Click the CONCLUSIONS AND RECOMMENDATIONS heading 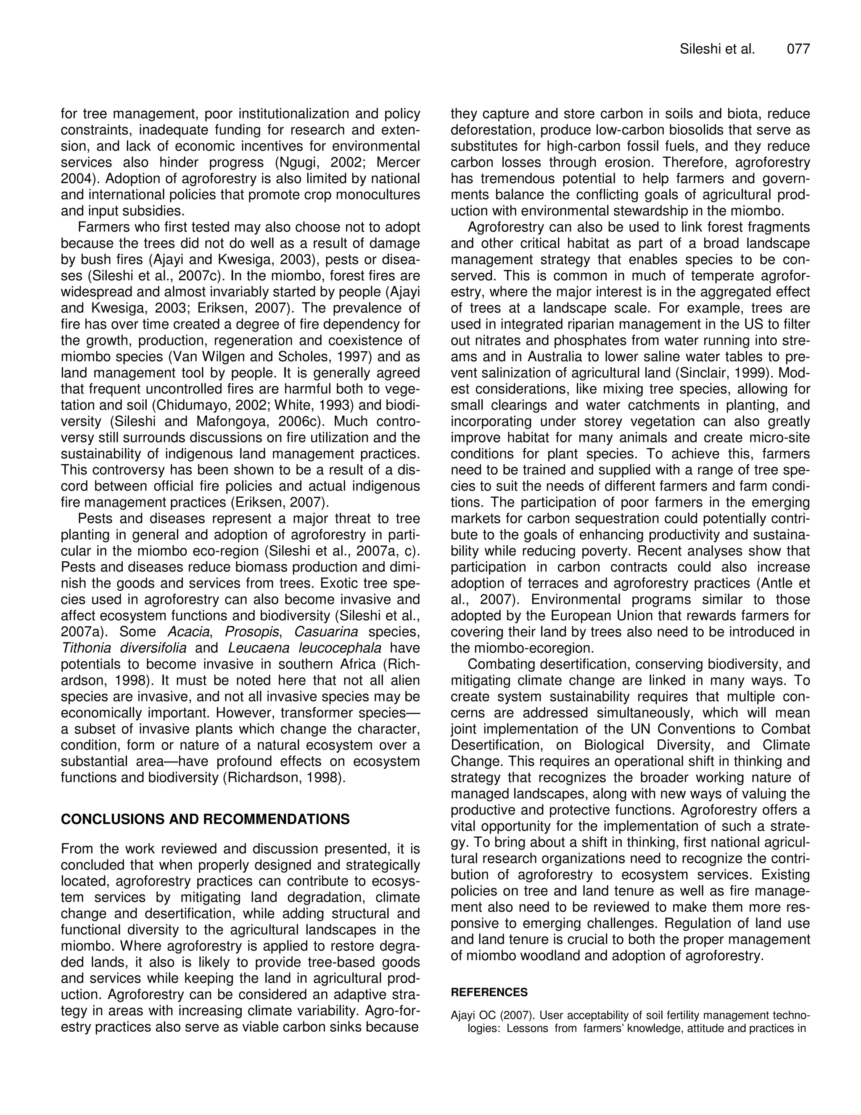205,819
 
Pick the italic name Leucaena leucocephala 304,648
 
